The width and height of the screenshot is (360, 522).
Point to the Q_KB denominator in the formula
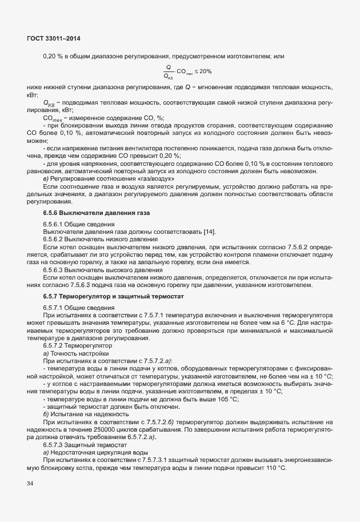tap(169, 76)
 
